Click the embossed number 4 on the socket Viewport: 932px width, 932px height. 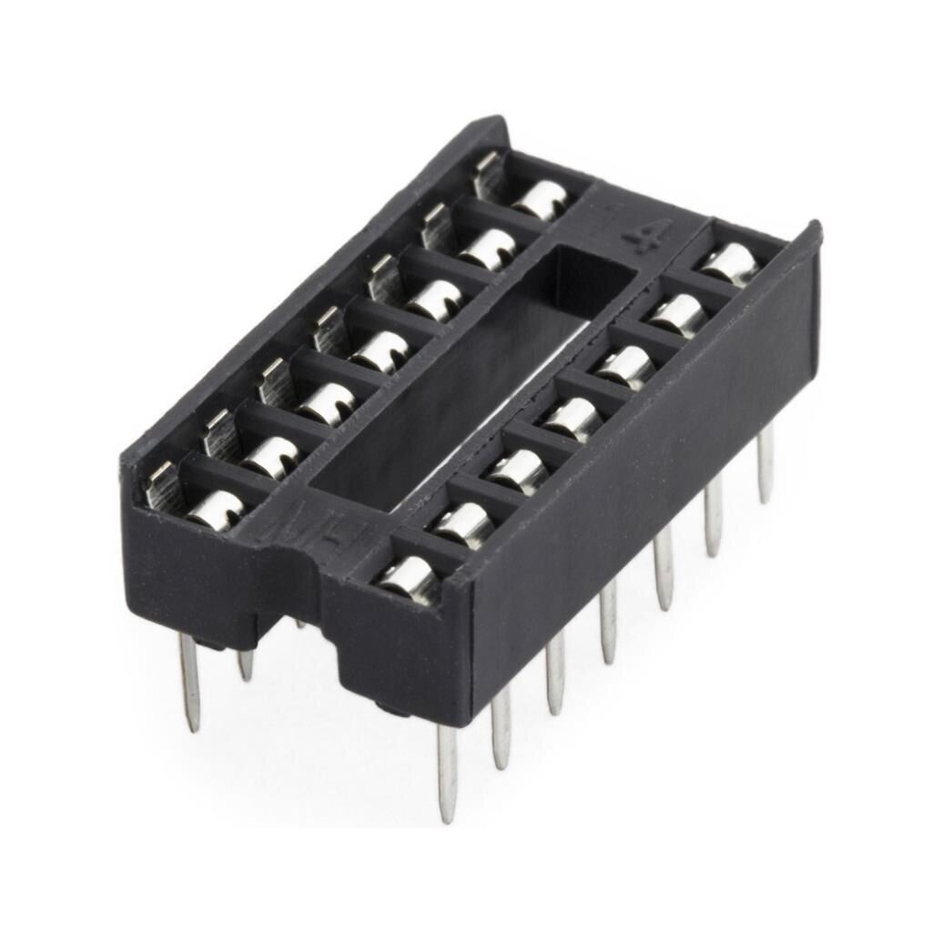tap(637, 239)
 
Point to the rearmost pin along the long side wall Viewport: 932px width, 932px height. tap(765, 464)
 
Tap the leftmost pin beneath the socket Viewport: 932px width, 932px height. tap(189, 683)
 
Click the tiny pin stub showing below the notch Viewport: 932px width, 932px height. tap(300, 623)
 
